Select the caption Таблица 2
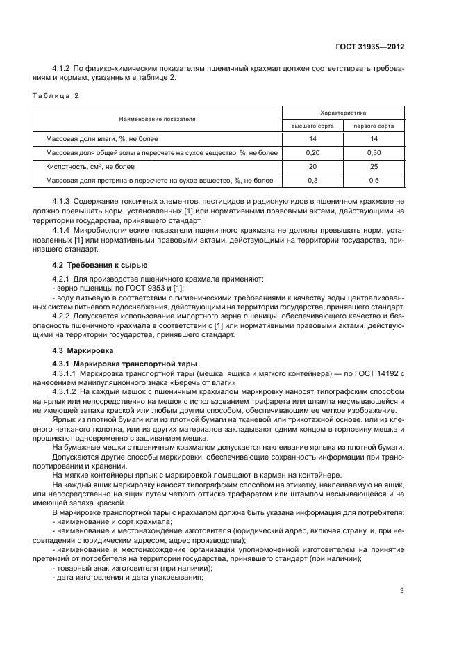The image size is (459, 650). click(x=56, y=96)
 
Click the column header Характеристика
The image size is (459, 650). click(x=343, y=112)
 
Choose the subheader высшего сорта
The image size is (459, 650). click(x=312, y=126)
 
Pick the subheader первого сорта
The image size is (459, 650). click(x=374, y=126)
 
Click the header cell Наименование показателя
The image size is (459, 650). click(x=157, y=119)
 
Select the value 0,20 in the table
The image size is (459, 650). click(x=312, y=153)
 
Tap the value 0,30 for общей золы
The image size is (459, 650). click(x=374, y=153)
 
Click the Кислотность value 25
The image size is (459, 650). click(x=374, y=167)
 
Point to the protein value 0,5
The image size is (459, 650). click(x=374, y=181)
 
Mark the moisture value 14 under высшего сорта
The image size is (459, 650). click(x=312, y=139)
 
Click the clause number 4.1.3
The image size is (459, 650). click(x=62, y=200)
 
